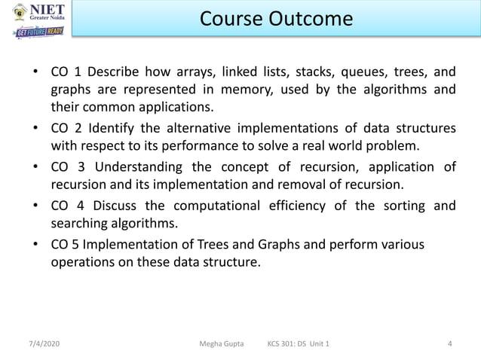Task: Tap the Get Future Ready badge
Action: (39, 32)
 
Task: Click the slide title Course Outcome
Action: (276, 19)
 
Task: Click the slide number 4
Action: (450, 344)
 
